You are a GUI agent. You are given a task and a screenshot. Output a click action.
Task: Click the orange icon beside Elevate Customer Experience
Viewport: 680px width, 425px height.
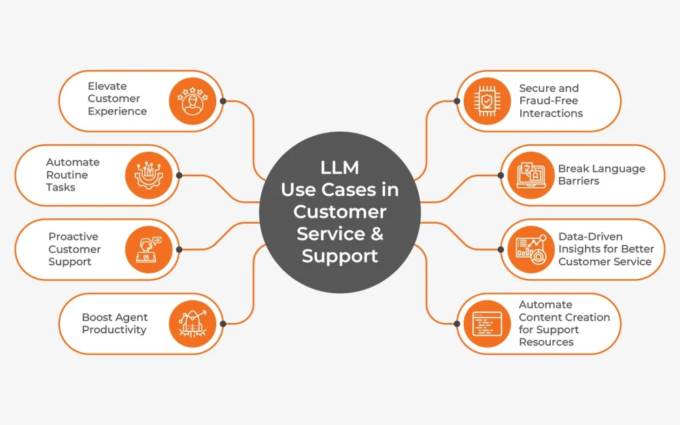point(192,101)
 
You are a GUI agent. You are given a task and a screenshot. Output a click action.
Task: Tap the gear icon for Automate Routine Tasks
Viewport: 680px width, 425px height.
point(148,175)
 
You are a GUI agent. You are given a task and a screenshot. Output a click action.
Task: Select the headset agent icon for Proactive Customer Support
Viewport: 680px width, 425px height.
point(148,249)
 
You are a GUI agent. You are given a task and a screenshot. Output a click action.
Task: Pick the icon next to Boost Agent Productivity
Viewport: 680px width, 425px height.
point(192,323)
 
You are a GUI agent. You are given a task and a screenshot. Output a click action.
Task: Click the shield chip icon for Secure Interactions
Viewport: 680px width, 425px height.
point(487,101)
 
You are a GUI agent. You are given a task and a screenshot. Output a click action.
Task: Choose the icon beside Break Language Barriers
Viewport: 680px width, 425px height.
point(530,175)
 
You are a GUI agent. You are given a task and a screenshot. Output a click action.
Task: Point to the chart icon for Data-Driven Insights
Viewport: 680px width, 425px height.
point(530,249)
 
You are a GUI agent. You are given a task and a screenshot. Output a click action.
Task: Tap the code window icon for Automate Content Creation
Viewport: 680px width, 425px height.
point(487,323)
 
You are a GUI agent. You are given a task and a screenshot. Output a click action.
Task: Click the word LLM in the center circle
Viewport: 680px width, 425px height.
point(339,167)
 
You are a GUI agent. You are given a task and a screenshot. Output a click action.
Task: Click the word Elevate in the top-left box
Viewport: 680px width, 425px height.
point(107,86)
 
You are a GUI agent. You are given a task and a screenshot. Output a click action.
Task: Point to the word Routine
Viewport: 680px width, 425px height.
point(67,175)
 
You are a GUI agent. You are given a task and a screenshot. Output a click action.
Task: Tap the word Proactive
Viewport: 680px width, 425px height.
point(73,237)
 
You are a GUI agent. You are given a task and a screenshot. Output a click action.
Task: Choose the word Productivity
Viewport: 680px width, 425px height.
point(114,330)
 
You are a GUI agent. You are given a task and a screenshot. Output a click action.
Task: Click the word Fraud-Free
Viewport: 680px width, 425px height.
point(548,101)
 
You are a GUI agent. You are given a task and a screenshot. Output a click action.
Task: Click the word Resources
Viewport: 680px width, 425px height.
point(546,342)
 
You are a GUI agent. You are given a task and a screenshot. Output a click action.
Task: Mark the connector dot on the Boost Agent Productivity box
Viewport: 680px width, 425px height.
point(223,323)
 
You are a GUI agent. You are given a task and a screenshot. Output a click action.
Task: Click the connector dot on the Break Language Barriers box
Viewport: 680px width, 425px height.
point(501,175)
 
